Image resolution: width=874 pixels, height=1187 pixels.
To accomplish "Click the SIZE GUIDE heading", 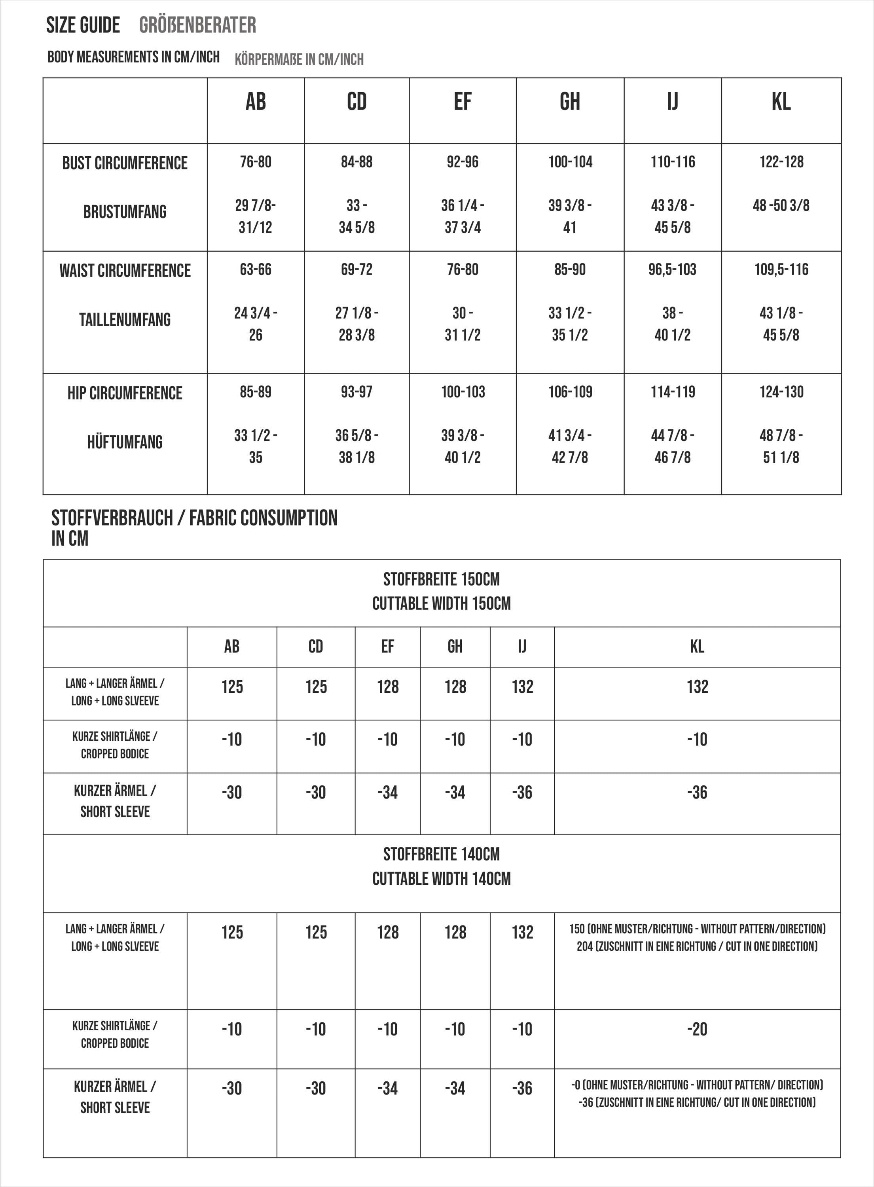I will pos(83,25).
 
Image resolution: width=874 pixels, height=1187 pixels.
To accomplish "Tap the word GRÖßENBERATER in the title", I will pos(197,25).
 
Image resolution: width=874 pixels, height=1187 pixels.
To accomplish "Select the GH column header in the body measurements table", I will pos(570,102).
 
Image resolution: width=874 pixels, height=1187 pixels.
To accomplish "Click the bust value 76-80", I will pos(256,162).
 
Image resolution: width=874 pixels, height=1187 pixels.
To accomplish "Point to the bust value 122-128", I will pos(781,162).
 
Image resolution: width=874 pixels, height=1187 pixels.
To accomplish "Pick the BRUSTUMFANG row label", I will pos(125,212).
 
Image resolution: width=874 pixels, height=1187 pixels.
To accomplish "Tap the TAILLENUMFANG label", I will pos(125,319).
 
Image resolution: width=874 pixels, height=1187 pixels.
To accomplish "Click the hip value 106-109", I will pos(570,392).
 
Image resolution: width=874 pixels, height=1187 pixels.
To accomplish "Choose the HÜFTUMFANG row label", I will pos(125,442).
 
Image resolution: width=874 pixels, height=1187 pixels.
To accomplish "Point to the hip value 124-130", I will pos(781,392).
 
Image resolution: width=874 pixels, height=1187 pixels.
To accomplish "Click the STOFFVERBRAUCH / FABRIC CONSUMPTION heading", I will pos(194,518).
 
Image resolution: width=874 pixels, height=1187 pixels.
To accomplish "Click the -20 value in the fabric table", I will pos(697,1029).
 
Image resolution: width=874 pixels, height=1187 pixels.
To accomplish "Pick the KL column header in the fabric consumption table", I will pos(697,647).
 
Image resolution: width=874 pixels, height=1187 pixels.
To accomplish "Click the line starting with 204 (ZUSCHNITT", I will pos(697,946).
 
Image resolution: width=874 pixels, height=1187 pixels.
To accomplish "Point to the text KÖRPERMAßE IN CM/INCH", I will pos(299,59).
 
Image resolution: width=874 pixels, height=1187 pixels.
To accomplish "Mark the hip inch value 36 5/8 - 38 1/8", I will pos(356,446).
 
